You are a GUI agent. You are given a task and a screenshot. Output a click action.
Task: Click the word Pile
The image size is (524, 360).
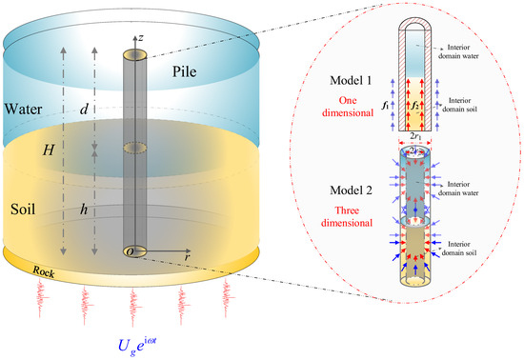click(184, 71)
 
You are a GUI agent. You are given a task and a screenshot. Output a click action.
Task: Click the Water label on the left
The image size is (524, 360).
click(23, 110)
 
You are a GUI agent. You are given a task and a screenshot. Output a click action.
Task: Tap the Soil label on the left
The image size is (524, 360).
click(23, 210)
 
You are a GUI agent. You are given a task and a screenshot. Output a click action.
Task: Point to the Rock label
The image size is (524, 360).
click(44, 271)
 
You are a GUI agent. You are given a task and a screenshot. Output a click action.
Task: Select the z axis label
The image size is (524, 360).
click(141, 38)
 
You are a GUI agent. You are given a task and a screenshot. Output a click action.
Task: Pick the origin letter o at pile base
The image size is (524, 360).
click(131, 252)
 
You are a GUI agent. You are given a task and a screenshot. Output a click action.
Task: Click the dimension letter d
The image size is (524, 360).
click(84, 110)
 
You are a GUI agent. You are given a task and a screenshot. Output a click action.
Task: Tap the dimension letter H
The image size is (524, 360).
click(49, 150)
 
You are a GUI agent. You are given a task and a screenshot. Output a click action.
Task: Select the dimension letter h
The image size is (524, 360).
click(84, 210)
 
